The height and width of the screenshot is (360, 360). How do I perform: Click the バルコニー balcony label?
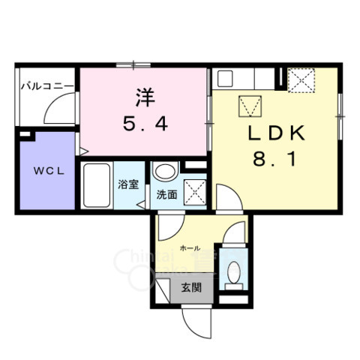point(46,86)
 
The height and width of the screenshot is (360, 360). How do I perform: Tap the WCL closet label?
point(46,170)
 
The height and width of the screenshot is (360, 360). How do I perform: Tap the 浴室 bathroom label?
point(127,184)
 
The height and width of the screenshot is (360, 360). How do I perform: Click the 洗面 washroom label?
point(166,194)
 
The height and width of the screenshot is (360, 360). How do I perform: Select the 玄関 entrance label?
point(190,287)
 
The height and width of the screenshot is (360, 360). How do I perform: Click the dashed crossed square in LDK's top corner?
point(303,80)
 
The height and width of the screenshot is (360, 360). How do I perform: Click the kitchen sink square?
point(226,78)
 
